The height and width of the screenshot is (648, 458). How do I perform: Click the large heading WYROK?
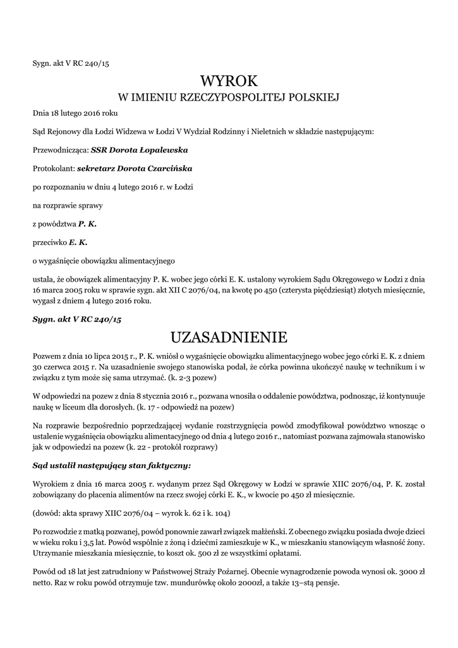click(x=229, y=80)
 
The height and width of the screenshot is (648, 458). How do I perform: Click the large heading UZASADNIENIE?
click(x=229, y=335)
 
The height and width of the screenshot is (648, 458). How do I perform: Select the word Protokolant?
click(x=53, y=169)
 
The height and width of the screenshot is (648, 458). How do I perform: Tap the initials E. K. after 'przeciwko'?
click(x=78, y=242)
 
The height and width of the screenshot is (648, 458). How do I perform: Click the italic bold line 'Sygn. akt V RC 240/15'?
click(x=76, y=320)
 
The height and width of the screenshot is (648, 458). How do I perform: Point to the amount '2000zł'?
click(x=262, y=582)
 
